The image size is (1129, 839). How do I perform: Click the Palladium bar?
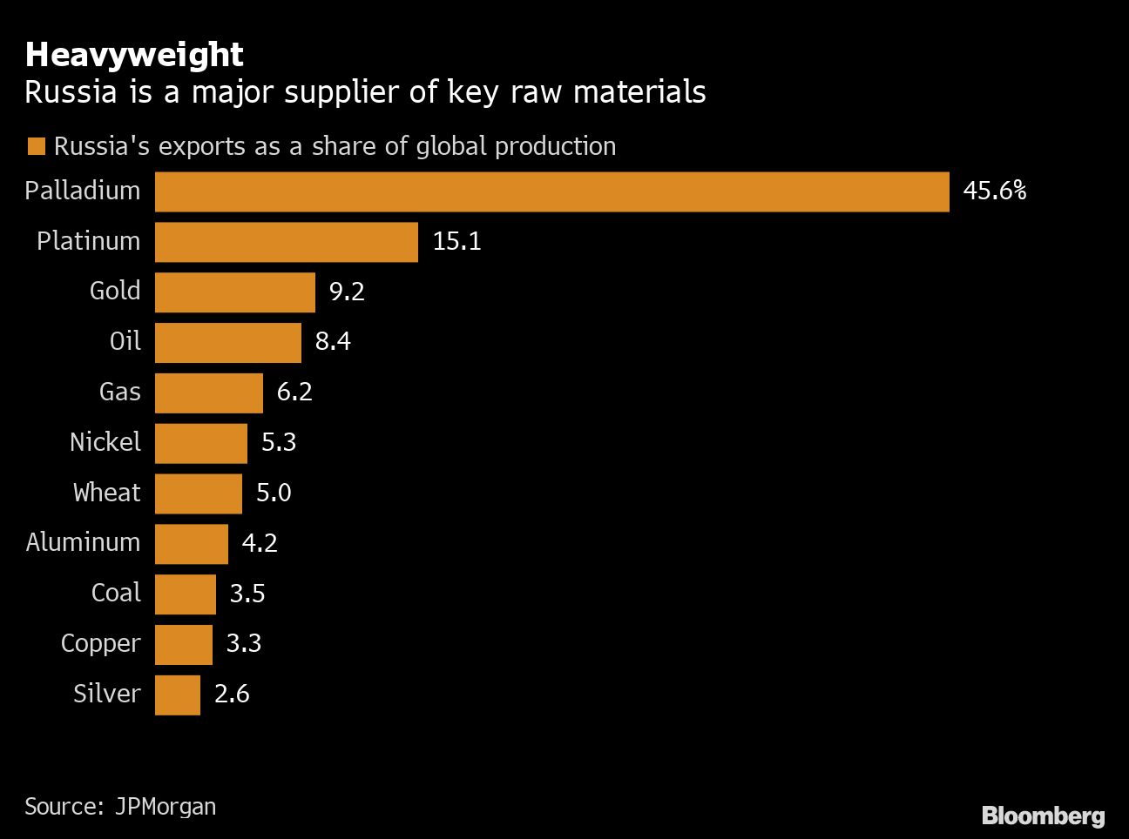(x=551, y=191)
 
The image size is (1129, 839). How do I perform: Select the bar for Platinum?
(x=287, y=242)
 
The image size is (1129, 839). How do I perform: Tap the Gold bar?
(x=235, y=292)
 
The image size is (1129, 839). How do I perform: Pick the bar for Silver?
(x=178, y=695)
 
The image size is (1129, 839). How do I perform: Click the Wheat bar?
(x=199, y=493)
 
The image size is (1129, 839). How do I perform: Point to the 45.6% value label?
(x=994, y=191)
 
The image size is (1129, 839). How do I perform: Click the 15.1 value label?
(x=456, y=241)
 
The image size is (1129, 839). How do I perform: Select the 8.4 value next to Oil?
(x=333, y=341)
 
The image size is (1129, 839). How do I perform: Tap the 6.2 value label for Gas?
(x=294, y=392)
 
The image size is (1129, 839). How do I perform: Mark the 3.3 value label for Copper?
(x=244, y=643)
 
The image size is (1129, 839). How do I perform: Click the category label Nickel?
(x=105, y=442)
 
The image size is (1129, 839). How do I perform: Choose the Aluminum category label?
(x=83, y=542)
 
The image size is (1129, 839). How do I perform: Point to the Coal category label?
(x=116, y=593)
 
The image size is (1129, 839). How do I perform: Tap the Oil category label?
(x=125, y=341)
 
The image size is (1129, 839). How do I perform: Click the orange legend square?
(x=37, y=146)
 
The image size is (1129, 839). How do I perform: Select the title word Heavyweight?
(x=134, y=55)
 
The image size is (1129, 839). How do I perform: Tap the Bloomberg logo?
(x=1043, y=816)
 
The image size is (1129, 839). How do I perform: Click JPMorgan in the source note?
(x=166, y=807)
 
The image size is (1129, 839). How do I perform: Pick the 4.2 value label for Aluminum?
(x=260, y=543)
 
